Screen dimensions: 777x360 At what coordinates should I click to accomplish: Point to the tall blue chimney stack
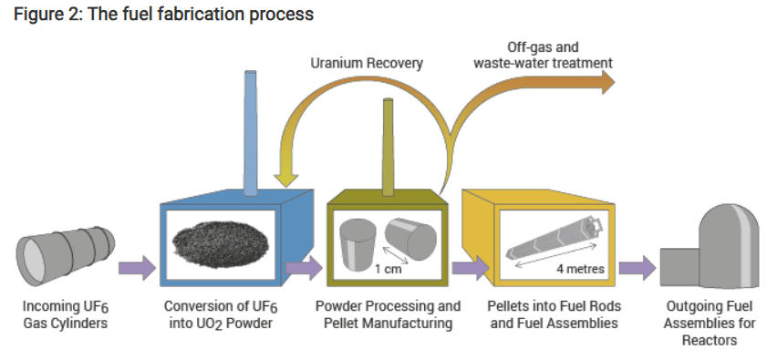(x=251, y=134)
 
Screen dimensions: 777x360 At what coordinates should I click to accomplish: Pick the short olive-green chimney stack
(x=388, y=147)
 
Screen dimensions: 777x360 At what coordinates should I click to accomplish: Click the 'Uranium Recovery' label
(x=367, y=64)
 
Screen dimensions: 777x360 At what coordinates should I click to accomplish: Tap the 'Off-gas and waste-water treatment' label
(x=544, y=56)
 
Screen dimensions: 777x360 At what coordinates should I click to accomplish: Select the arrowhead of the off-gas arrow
(x=607, y=82)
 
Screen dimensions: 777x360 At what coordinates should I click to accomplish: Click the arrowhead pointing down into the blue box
(x=286, y=180)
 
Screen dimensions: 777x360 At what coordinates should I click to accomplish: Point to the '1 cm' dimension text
(x=388, y=270)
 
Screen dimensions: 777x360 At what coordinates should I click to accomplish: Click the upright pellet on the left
(x=357, y=245)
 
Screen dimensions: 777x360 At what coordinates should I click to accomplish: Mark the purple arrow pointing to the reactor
(x=637, y=268)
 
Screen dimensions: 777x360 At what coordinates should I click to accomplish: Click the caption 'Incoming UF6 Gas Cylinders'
(x=66, y=315)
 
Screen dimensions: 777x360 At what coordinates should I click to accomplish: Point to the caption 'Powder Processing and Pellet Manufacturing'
(x=388, y=314)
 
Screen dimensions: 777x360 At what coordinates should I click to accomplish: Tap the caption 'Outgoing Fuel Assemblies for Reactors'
(x=710, y=323)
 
